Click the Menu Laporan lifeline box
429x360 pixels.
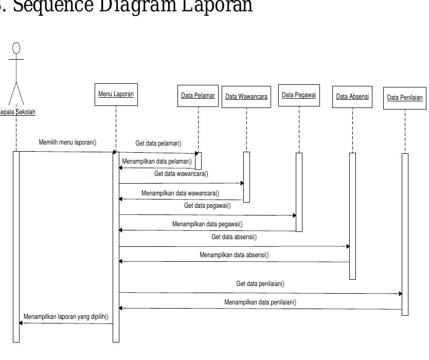(116, 95)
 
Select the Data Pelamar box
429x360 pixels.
(198, 96)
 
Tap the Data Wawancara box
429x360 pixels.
(246, 97)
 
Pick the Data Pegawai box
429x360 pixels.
(299, 95)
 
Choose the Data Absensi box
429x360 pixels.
(352, 97)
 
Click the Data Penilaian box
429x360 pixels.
(405, 98)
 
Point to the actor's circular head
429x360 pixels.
(16, 48)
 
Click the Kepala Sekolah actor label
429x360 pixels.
(17, 112)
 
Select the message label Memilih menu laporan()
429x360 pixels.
(68, 142)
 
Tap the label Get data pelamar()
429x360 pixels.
(158, 143)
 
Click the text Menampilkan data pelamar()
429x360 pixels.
(157, 161)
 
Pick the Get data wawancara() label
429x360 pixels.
(181, 174)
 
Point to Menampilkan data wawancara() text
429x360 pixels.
(180, 193)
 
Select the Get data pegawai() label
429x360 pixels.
(207, 206)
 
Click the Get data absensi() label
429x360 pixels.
(234, 237)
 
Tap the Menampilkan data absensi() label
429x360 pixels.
(234, 255)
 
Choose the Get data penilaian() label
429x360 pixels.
(260, 283)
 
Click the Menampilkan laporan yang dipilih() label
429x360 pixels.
(66, 316)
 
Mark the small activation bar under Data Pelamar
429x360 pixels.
(198, 160)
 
